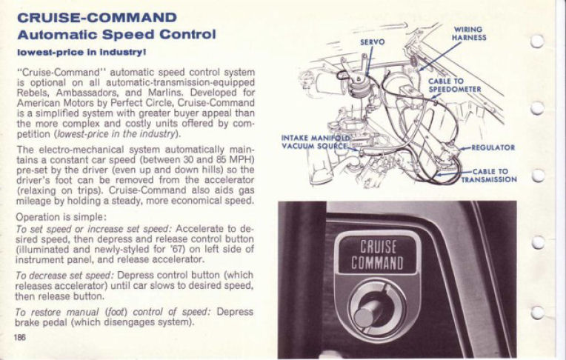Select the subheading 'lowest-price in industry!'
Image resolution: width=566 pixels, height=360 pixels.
pos(81,52)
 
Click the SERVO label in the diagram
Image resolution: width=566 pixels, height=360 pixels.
pos(372,42)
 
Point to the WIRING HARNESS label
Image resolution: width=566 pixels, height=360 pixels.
pos(469,34)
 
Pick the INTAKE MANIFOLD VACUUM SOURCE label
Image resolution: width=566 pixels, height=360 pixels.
pos(314,141)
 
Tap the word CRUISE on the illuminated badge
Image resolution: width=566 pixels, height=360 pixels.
pos(378,247)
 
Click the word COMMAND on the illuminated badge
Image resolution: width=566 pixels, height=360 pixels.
pos(378,264)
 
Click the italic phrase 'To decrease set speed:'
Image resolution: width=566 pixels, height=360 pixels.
pos(60,274)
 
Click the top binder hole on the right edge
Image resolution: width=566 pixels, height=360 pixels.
pos(538,41)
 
